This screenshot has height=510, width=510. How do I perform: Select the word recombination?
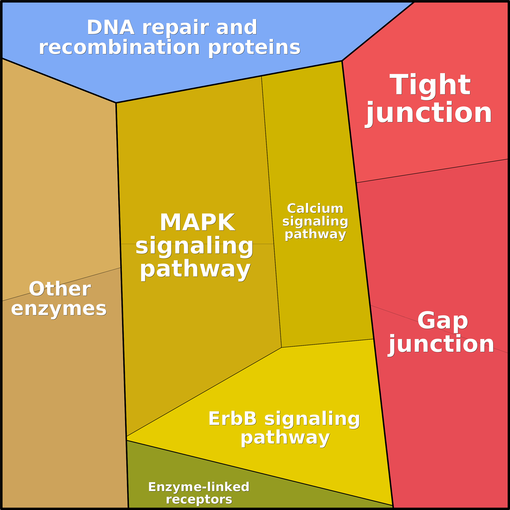click(x=119, y=48)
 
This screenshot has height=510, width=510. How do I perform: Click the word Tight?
click(x=430, y=85)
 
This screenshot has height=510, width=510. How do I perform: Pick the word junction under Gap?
click(x=442, y=345)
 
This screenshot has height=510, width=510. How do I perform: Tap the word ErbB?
click(x=232, y=419)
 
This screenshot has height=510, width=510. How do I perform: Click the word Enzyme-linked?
click(x=199, y=487)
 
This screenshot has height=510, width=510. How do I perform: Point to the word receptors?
click(x=199, y=499)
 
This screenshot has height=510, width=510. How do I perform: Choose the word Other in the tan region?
click(x=60, y=289)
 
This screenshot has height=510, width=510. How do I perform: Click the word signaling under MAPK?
click(x=194, y=246)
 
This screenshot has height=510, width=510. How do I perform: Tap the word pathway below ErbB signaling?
click(x=285, y=438)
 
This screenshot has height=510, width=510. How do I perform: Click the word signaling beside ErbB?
click(x=312, y=419)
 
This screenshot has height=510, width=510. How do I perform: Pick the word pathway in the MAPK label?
click(x=195, y=269)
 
